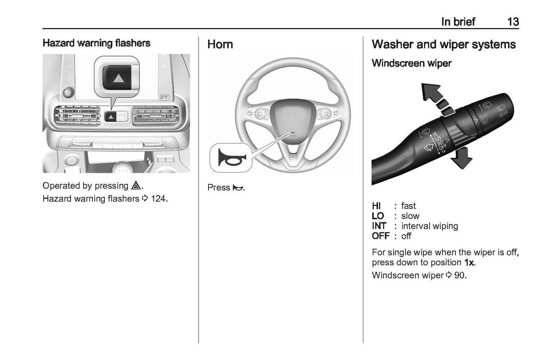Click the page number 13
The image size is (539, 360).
click(x=513, y=22)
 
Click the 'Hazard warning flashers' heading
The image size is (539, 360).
click(x=96, y=43)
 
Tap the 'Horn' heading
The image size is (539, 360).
click(x=220, y=44)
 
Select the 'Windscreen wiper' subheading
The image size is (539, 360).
click(x=411, y=63)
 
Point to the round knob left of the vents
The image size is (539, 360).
click(x=68, y=91)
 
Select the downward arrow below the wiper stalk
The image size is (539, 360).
click(x=461, y=158)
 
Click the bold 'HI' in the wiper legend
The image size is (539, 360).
click(x=376, y=206)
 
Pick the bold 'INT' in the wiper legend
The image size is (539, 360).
click(x=379, y=226)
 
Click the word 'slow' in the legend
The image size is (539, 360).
click(x=410, y=216)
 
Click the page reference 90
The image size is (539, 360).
click(x=460, y=275)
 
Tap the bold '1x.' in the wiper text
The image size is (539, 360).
click(x=470, y=263)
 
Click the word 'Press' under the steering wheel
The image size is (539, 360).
click(x=219, y=188)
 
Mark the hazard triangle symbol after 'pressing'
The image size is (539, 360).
click(x=135, y=186)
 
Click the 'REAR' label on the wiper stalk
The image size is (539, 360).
click(x=504, y=111)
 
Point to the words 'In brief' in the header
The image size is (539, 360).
click(x=458, y=22)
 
